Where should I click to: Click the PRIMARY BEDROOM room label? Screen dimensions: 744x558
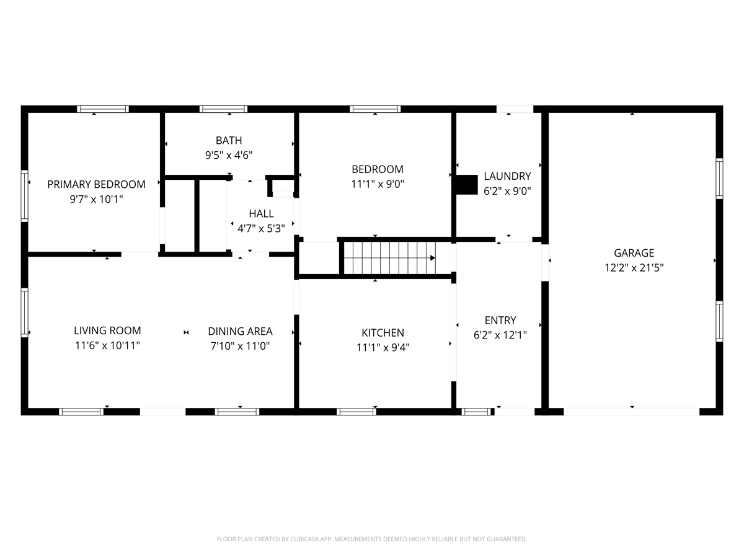coord(96,184)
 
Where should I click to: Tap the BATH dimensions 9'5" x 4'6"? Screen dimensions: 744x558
coord(229,155)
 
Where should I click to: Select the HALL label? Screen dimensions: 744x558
coord(261,213)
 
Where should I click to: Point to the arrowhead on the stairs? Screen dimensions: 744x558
coord(433,258)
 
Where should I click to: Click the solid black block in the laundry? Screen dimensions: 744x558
coord(467,185)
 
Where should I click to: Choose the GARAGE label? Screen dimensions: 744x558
coord(634,253)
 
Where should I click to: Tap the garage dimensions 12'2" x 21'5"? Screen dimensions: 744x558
coord(634,268)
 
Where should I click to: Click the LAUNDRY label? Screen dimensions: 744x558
coord(507,176)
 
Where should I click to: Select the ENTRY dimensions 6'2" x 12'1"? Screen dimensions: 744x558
coord(500,335)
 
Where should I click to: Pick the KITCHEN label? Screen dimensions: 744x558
coord(383,333)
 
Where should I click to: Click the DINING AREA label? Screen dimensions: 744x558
coord(240,331)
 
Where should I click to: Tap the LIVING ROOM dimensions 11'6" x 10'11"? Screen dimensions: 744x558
coord(107,345)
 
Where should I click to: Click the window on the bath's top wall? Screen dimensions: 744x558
coord(223,109)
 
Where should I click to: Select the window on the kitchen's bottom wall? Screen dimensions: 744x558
coord(356,412)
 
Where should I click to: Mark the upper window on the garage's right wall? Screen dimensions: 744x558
coord(719,179)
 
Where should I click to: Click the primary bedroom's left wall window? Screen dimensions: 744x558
coord(24,196)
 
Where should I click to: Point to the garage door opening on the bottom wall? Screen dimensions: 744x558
coord(631,412)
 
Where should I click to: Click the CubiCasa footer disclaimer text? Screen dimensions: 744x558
coord(372,539)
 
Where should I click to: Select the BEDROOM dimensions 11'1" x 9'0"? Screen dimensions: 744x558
coord(378,184)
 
